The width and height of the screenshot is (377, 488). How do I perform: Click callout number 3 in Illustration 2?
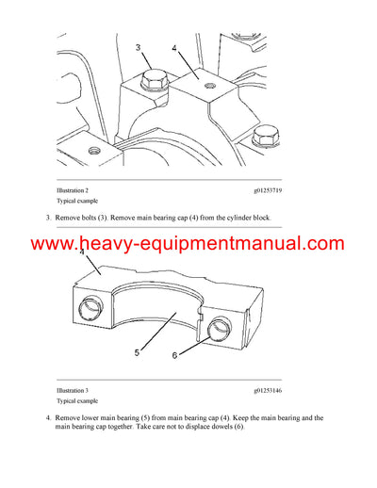[138, 46]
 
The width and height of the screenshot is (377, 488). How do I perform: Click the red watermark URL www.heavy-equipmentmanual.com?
[188, 245]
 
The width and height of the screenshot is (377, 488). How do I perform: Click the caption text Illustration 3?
[77, 389]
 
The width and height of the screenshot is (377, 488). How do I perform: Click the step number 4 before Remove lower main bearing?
[49, 417]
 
